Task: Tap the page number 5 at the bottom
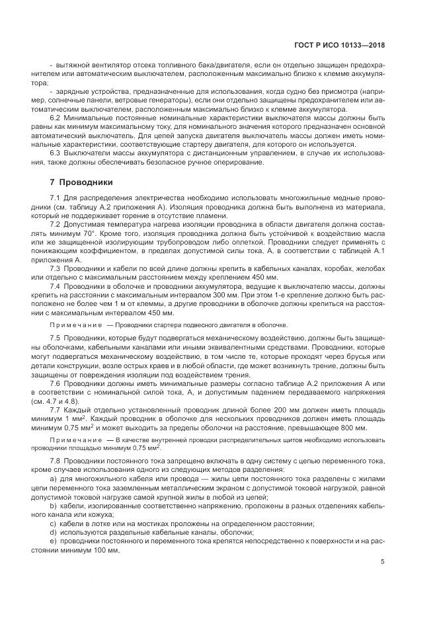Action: [x=383, y=562]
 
